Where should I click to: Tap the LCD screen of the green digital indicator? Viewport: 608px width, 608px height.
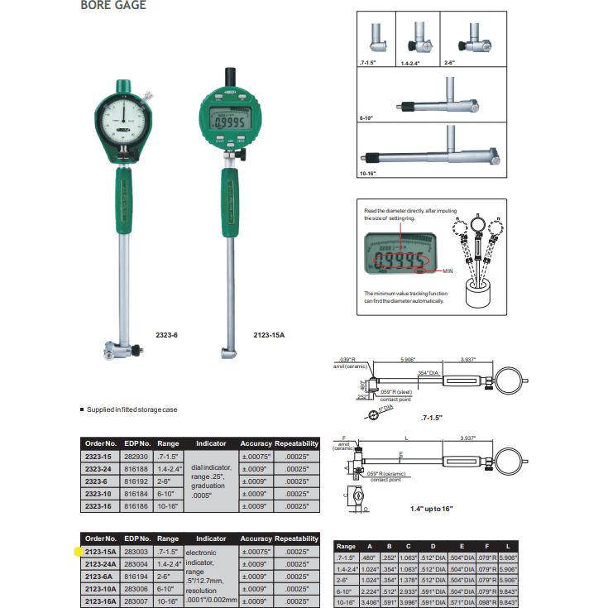tap(228, 122)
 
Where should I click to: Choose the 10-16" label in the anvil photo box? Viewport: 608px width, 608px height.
tap(368, 174)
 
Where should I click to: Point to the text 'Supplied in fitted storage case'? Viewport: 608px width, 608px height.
tap(135, 409)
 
